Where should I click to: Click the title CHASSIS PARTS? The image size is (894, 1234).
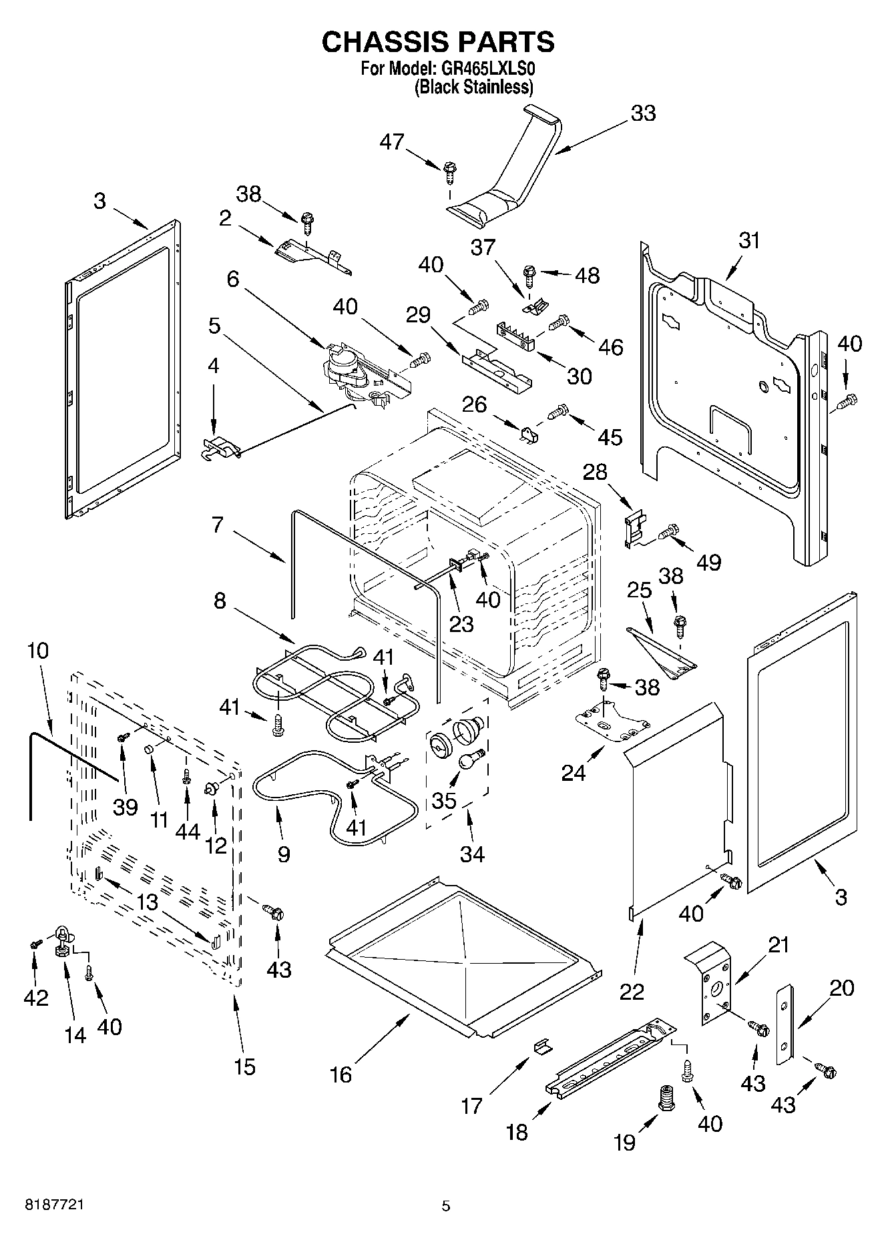pos(438,42)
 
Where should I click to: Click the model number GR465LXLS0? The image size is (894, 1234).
pos(487,69)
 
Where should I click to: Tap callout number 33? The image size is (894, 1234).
pos(643,113)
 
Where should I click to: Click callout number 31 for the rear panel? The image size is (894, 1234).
pos(750,240)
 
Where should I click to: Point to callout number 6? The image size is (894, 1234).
pos(232,278)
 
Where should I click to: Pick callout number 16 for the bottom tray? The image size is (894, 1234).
pos(341,1074)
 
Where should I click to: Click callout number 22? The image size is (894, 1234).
pos(632,991)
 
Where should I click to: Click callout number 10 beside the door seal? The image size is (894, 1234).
pos(38,650)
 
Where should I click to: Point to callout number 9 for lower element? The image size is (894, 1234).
pos(284,854)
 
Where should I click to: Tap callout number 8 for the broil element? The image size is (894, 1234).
pos(220,601)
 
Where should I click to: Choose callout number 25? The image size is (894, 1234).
pos(638,589)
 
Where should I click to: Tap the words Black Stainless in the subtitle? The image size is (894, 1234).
pos(474,87)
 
